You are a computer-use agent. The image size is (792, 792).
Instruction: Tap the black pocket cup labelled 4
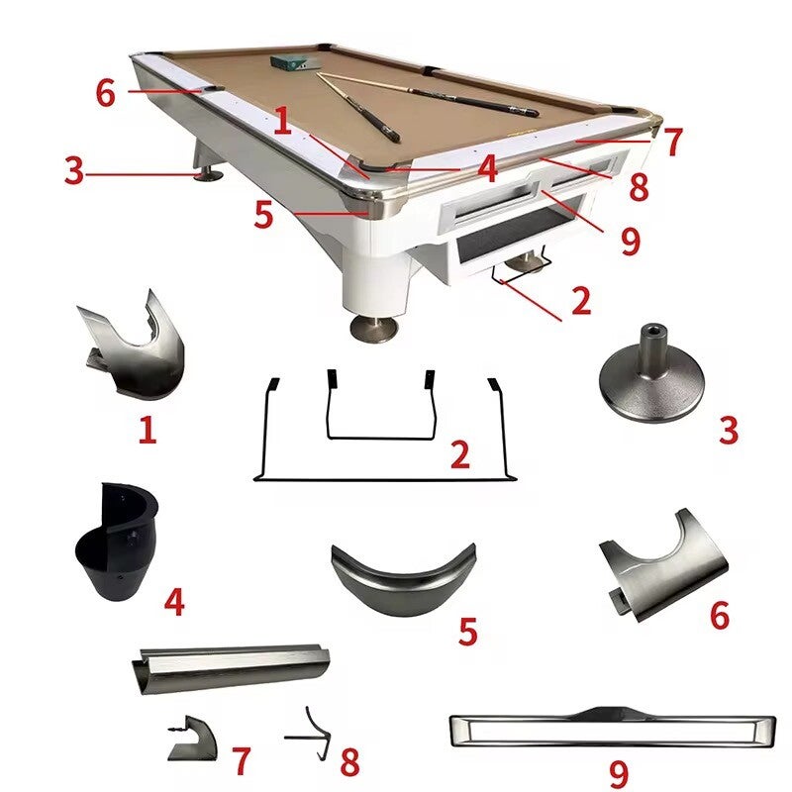[x=117, y=542]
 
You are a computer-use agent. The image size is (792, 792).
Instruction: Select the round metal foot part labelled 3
[x=648, y=380]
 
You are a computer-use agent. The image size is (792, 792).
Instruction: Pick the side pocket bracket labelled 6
[x=663, y=564]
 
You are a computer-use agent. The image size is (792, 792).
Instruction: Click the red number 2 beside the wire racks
[x=460, y=454]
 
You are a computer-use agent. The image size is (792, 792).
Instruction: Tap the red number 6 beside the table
[x=106, y=93]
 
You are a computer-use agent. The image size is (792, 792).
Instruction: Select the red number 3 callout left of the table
[x=73, y=170]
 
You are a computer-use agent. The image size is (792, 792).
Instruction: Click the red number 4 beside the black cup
[x=174, y=602]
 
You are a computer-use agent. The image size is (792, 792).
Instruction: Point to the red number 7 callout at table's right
[x=673, y=142]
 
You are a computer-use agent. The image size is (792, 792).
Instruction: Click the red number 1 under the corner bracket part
[x=148, y=431]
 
